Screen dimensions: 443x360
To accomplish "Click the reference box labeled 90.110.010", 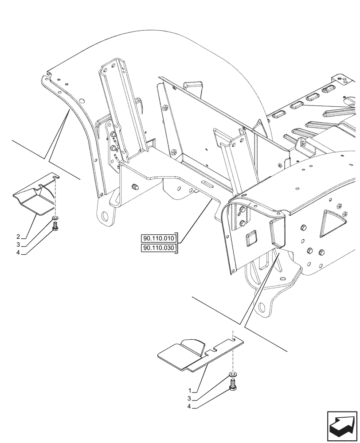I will (x=159, y=237).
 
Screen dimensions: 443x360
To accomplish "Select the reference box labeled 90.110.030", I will (x=159, y=249).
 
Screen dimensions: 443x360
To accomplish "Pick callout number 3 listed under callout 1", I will (x=190, y=399).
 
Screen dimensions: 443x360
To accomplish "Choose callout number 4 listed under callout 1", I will (x=190, y=407).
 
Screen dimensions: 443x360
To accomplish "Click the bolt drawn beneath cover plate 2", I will (x=55, y=226).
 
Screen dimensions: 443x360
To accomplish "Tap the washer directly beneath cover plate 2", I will (x=55, y=219).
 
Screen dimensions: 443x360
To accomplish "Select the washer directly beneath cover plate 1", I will (x=232, y=377).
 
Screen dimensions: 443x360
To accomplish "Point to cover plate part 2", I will (x=35, y=197).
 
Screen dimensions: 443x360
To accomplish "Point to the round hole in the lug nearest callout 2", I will (x=105, y=217).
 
